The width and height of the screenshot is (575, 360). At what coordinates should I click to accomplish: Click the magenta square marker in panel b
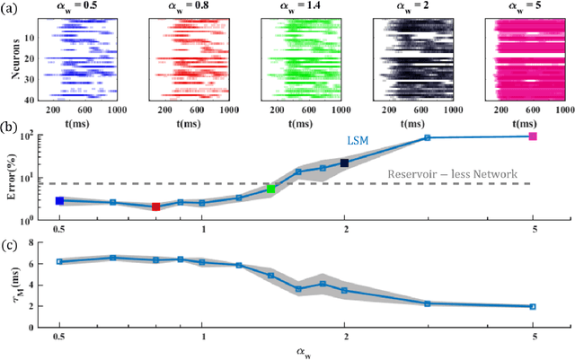[533, 136]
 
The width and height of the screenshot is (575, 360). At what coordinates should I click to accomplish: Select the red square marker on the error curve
[156, 206]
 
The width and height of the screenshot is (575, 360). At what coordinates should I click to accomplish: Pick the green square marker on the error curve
[271, 189]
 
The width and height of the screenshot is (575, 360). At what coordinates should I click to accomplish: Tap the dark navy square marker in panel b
[345, 162]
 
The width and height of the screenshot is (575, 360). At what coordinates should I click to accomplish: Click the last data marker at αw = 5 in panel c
[533, 306]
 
